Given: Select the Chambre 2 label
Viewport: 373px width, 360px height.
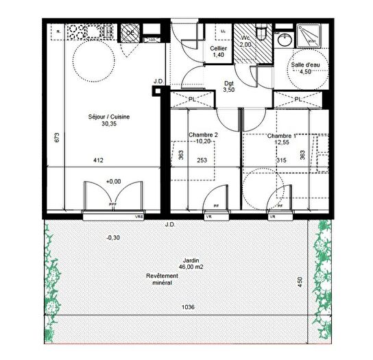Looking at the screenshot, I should [203, 135].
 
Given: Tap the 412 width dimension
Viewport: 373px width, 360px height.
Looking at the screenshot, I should [99, 161].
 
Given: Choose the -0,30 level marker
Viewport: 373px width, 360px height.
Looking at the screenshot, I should [112, 237].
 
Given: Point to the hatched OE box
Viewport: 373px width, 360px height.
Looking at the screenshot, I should [129, 32].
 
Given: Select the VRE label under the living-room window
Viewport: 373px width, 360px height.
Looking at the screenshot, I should [139, 217].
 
